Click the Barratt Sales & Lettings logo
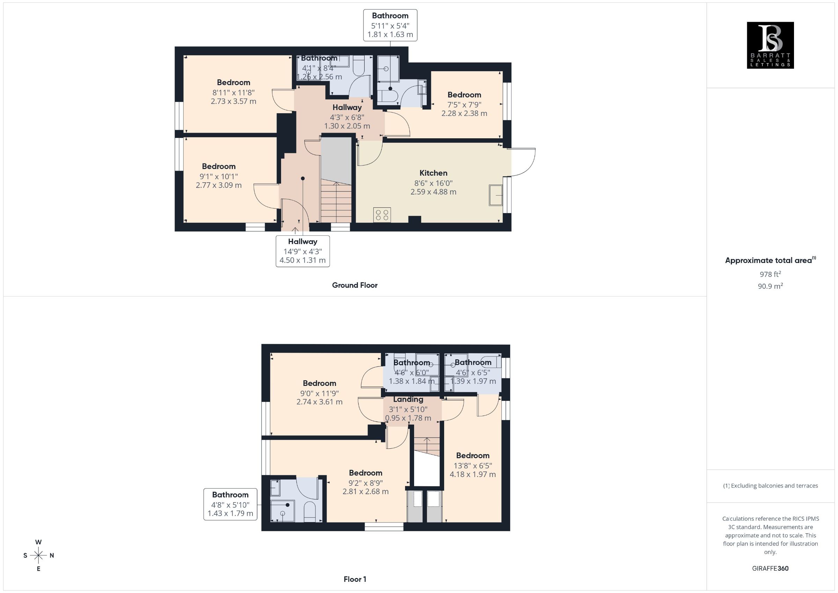[x=770, y=45]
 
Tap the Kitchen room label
[x=433, y=173]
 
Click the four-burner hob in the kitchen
[x=382, y=215]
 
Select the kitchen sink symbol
[x=496, y=195]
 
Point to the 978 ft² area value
[x=770, y=274]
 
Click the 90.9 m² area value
[x=770, y=286]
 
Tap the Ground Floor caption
[x=354, y=285]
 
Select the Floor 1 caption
[x=354, y=579]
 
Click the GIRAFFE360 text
[x=770, y=568]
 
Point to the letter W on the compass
[x=38, y=542]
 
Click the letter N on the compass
[x=52, y=555]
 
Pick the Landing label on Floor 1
[x=408, y=400]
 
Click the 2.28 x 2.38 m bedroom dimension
[x=464, y=113]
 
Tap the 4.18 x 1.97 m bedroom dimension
[x=473, y=474]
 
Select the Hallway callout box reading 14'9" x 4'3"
[x=303, y=251]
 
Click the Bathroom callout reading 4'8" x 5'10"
[x=230, y=504]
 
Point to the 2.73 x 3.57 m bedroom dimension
[x=233, y=101]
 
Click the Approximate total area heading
[x=770, y=260]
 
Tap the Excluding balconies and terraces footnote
[x=770, y=486]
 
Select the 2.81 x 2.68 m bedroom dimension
[x=365, y=491]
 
